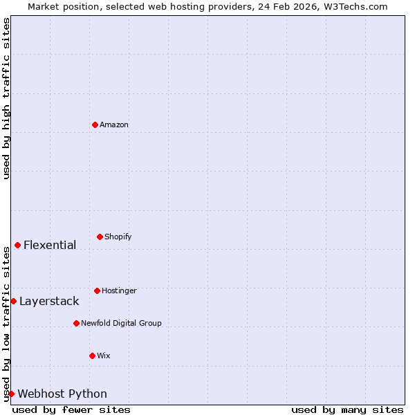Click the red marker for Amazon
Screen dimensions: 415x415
[x=95, y=124]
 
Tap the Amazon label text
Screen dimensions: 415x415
[x=114, y=124]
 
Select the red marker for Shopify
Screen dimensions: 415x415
[x=100, y=237]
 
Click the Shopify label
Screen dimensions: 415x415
[x=118, y=237]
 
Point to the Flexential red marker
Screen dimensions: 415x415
[x=17, y=245]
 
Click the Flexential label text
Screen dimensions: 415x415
[x=50, y=245]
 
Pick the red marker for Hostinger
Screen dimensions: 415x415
[x=97, y=290]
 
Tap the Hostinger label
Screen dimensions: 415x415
[x=119, y=290]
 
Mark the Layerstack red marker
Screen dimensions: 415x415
[x=13, y=301]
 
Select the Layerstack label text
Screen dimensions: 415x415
[x=49, y=301]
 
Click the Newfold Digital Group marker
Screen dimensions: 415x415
[x=76, y=323]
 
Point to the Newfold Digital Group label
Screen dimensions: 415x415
[x=121, y=323]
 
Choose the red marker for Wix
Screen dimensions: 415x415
[x=92, y=356]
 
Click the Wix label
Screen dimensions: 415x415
[x=104, y=356]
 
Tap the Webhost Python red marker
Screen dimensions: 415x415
[x=11, y=394]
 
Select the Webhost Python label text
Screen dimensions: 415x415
[x=62, y=394]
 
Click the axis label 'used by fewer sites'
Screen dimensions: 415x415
[x=71, y=409]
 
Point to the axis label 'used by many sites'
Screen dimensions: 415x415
[x=347, y=409]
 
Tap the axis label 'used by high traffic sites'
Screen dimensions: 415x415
[x=6, y=98]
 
